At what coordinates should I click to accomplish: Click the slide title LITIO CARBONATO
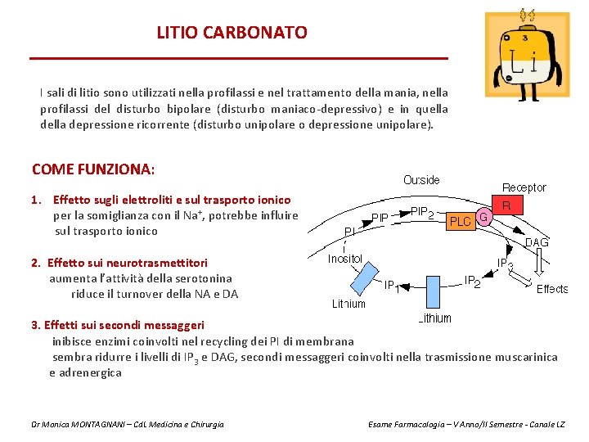point(232,33)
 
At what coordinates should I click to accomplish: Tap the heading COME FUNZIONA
point(92,169)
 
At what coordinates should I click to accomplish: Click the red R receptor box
point(507,206)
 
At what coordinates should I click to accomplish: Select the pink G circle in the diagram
point(483,218)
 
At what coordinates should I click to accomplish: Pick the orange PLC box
point(461,221)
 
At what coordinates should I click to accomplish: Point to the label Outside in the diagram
point(421,180)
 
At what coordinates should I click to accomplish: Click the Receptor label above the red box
point(524,187)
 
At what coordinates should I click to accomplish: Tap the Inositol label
point(345,259)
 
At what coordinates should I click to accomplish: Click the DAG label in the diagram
point(536,242)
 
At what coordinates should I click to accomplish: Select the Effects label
point(552,289)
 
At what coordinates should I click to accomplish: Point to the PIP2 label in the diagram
point(422,213)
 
